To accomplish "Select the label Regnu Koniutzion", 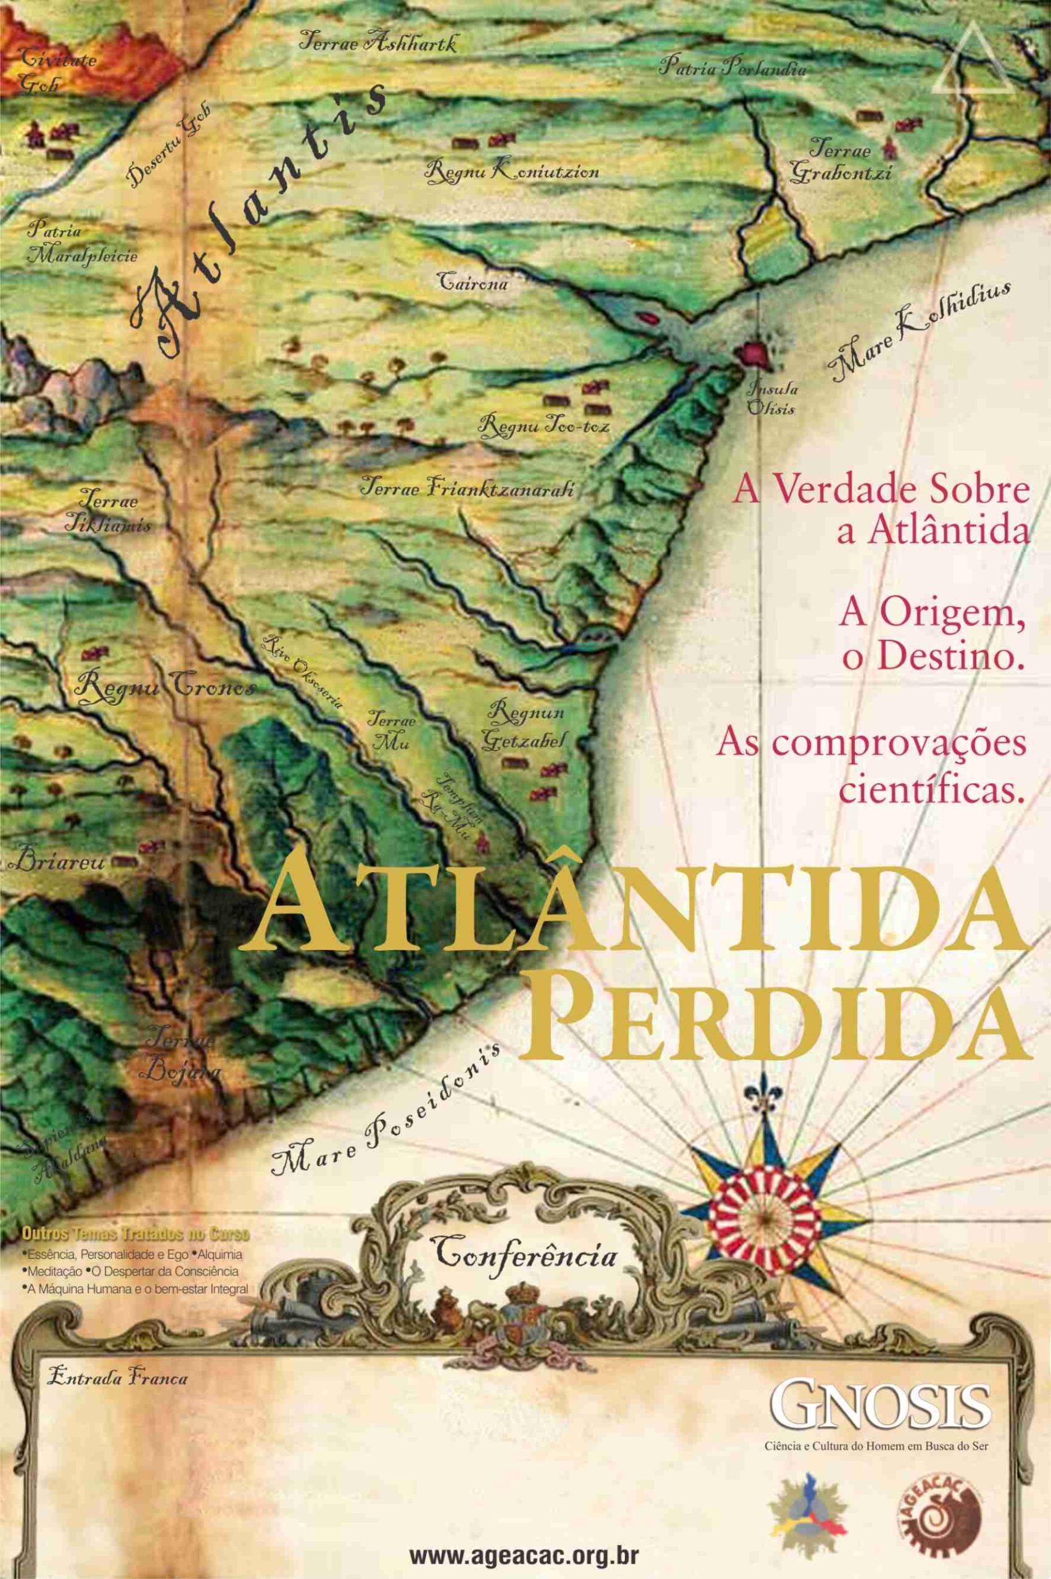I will [x=511, y=171].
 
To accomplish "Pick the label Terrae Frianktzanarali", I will [x=467, y=487].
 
